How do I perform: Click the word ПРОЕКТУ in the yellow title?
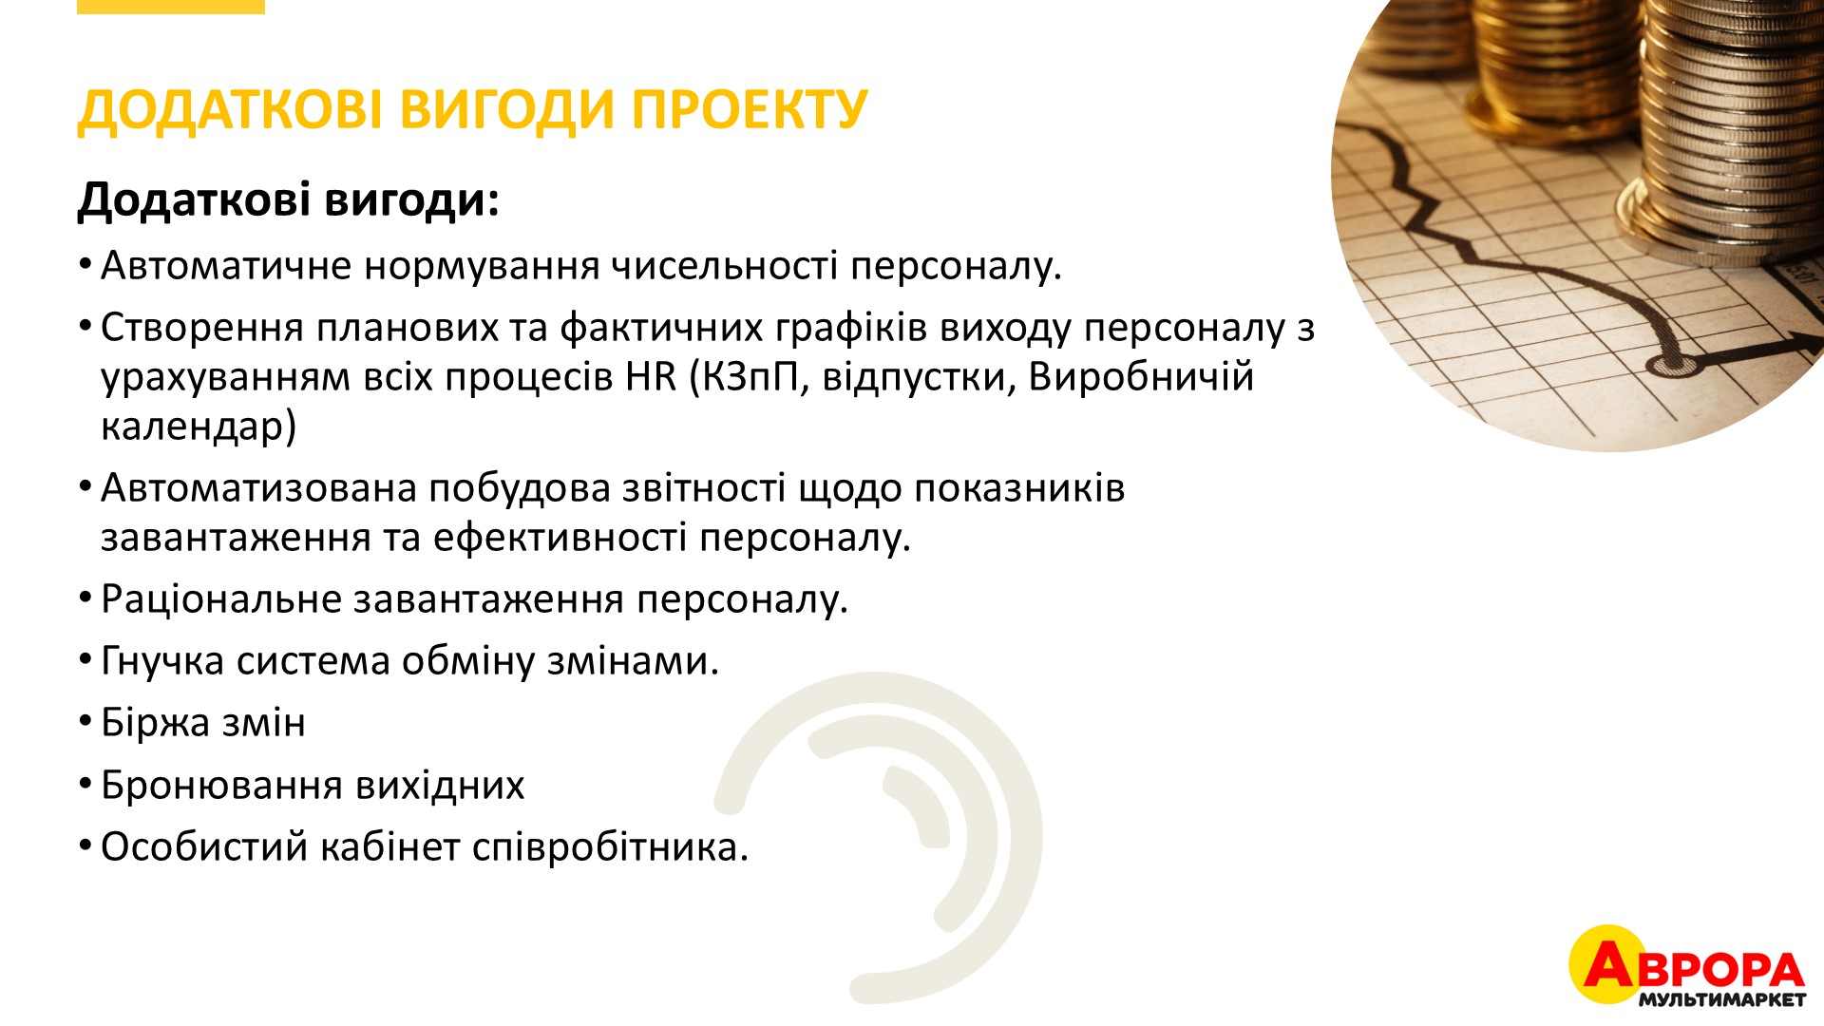tap(750, 109)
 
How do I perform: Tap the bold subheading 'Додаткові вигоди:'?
tap(289, 199)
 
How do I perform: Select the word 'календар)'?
tap(199, 427)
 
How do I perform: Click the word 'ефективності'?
tap(560, 539)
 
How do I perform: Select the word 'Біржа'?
tap(155, 723)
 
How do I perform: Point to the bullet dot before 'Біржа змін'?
tap(85, 724)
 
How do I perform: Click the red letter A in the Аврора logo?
tap(1607, 964)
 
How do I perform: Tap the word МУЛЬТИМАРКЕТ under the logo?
tap(1721, 999)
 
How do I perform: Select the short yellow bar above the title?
tap(171, 7)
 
